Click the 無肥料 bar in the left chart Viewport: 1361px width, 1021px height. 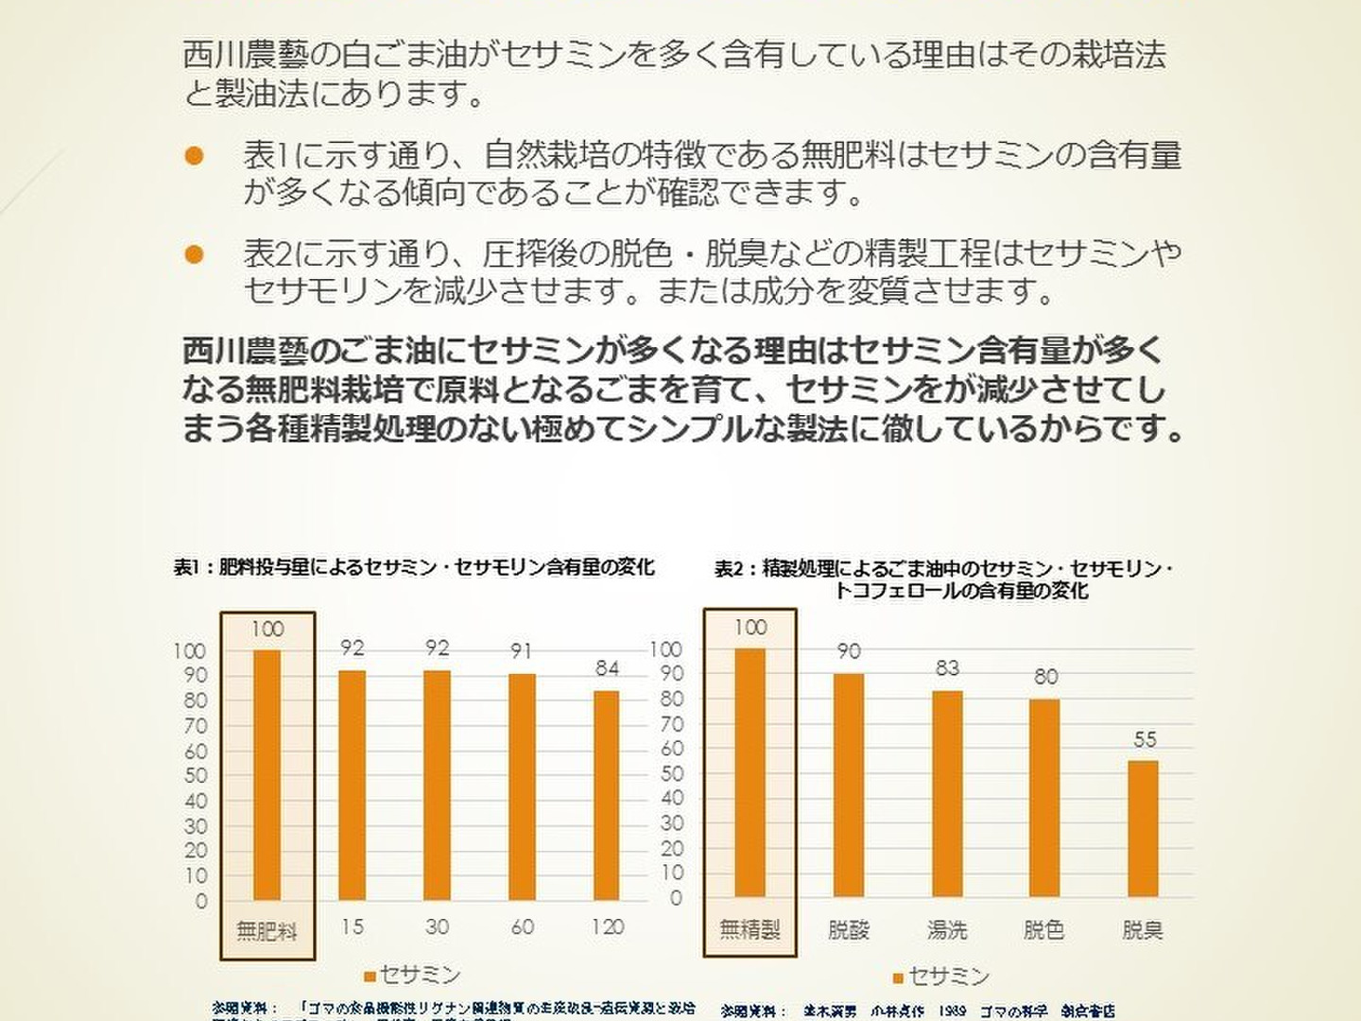[267, 775]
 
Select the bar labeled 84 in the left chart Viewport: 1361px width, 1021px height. [607, 795]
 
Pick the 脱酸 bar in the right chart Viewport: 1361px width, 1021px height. [849, 785]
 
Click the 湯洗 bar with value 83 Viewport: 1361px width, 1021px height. [947, 793]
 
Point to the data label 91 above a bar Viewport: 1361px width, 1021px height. [522, 651]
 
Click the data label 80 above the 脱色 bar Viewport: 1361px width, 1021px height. [1045, 677]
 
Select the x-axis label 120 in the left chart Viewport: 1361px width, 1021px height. [607, 927]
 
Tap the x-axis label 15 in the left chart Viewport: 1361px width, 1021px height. [352, 927]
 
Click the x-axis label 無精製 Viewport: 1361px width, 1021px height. [750, 930]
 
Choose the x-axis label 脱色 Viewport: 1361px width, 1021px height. [1044, 930]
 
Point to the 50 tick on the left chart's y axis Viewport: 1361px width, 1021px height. [195, 775]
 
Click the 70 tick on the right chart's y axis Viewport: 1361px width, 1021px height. [671, 724]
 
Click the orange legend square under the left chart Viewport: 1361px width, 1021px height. [370, 976]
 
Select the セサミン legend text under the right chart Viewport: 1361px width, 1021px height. [949, 976]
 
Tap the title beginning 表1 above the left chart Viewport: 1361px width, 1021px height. [413, 567]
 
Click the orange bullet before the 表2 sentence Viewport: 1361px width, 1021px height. [195, 254]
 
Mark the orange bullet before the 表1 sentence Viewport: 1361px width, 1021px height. [195, 156]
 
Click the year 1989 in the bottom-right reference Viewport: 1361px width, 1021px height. [951, 1012]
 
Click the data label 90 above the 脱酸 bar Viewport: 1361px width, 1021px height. [849, 651]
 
